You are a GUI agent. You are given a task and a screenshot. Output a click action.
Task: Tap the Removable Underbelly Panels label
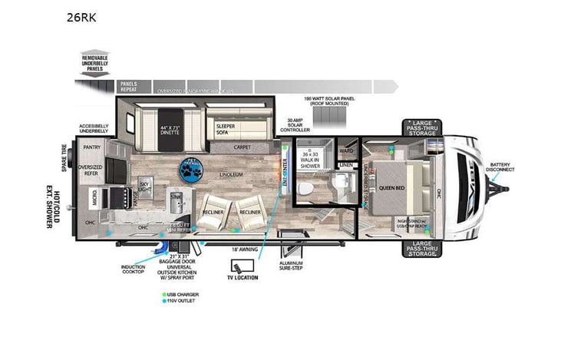click(95, 63)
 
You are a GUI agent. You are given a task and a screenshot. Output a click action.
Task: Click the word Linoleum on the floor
click(231, 175)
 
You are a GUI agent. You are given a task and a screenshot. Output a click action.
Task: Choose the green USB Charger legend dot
click(164, 294)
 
